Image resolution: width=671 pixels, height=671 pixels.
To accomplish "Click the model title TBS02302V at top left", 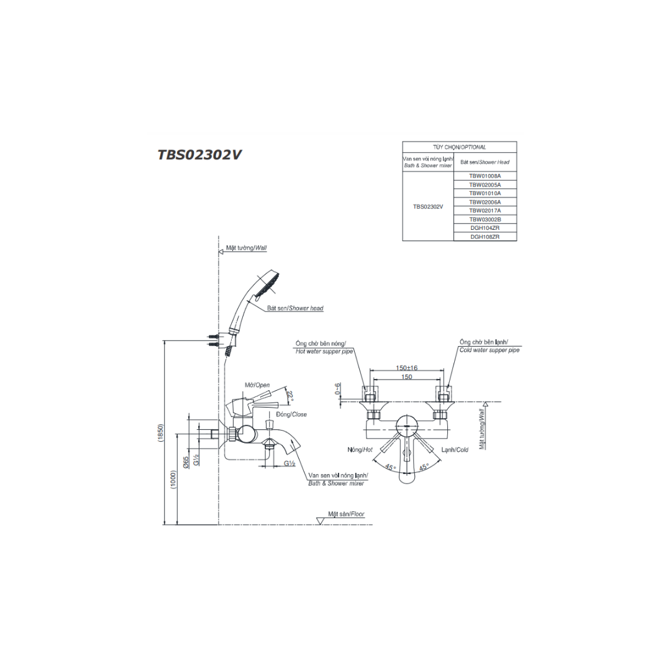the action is point(199,155).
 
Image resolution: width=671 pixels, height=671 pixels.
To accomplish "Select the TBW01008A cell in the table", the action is point(485,176).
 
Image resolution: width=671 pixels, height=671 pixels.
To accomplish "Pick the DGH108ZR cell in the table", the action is point(485,237).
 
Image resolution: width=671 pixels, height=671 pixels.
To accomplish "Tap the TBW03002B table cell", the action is point(485,219).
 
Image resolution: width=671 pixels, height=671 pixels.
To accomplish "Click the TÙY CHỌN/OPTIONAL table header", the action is point(459,147).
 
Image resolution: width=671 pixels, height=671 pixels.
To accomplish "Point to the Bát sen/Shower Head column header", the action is point(485,162).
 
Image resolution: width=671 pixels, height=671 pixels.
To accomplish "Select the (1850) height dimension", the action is point(161,432).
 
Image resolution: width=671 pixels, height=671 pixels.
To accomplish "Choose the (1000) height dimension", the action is point(173,479).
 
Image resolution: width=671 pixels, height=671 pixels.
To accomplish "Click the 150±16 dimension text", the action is point(406,368).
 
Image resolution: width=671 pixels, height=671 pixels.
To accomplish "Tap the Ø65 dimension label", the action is point(186,462).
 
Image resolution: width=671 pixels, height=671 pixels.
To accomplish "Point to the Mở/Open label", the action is point(257,385).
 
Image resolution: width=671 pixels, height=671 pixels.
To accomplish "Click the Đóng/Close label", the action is point(291,414).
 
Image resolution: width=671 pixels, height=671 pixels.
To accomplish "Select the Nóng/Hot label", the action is point(360,449).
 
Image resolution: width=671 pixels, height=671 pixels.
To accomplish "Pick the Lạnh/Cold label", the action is point(455,449).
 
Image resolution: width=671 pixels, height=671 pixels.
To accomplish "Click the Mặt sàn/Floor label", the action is point(346,514).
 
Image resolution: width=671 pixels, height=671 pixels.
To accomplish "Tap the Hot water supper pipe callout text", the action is point(324,351).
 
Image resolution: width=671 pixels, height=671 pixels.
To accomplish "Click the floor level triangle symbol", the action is point(320,521).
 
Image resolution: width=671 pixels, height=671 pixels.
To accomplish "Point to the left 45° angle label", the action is point(390,467).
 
